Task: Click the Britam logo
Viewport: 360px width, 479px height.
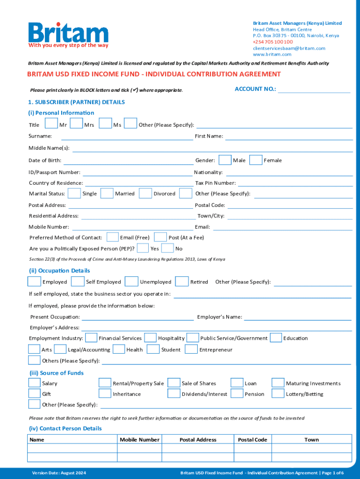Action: point(68,34)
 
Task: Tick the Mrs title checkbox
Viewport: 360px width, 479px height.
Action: point(76,124)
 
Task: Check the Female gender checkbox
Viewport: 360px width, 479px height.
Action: point(256,160)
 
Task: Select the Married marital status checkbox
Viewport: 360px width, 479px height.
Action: point(107,193)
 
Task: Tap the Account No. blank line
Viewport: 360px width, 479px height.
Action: point(314,89)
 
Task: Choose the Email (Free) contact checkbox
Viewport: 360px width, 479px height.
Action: point(113,237)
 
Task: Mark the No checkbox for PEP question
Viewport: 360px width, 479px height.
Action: point(167,248)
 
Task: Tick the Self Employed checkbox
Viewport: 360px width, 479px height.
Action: point(78,282)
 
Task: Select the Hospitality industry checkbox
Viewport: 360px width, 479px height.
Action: point(150,338)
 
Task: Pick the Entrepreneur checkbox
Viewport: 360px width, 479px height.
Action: point(191,349)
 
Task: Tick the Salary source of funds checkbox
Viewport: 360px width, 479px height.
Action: point(34,383)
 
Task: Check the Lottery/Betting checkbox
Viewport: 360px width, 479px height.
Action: point(278,394)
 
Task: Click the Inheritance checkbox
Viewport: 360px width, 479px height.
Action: point(105,394)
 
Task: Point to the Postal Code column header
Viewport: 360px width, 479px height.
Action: point(252,440)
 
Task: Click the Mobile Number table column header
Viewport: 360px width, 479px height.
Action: point(139,440)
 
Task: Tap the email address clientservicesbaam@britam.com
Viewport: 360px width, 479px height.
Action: point(289,48)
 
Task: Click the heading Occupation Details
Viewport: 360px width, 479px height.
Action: point(60,271)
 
